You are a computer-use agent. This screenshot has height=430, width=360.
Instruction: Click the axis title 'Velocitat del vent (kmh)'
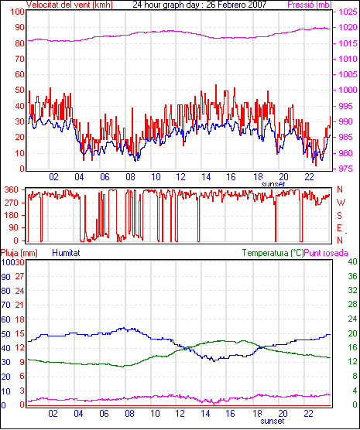(x=70, y=5)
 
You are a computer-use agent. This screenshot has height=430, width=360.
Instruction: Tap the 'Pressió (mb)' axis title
(x=310, y=5)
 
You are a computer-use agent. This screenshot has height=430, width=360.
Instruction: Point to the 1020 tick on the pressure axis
(x=348, y=27)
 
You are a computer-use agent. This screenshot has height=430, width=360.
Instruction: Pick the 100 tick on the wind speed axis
(x=17, y=12)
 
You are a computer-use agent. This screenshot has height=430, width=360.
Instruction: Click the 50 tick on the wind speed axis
(x=20, y=90)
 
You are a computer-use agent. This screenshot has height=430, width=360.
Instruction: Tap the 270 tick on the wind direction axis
(x=12, y=203)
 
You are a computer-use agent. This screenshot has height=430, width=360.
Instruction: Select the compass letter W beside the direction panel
(x=341, y=203)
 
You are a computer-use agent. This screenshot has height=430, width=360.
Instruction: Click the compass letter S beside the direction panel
(x=339, y=216)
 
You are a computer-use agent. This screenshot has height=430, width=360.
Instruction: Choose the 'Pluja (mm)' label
(x=19, y=253)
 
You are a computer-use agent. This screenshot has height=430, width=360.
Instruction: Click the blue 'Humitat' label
(x=66, y=253)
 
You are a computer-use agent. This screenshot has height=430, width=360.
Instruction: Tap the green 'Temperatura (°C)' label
(x=273, y=253)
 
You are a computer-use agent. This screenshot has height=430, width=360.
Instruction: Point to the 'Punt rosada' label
(x=326, y=253)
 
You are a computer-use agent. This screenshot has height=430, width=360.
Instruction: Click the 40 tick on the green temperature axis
(x=352, y=261)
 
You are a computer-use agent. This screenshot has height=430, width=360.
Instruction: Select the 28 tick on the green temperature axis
(x=352, y=305)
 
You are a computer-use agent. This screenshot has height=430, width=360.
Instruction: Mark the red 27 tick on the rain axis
(x=20, y=276)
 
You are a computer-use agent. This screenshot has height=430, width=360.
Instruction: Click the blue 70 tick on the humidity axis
(x=5, y=305)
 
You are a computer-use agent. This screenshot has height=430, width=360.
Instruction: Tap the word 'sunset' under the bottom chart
(x=273, y=421)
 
